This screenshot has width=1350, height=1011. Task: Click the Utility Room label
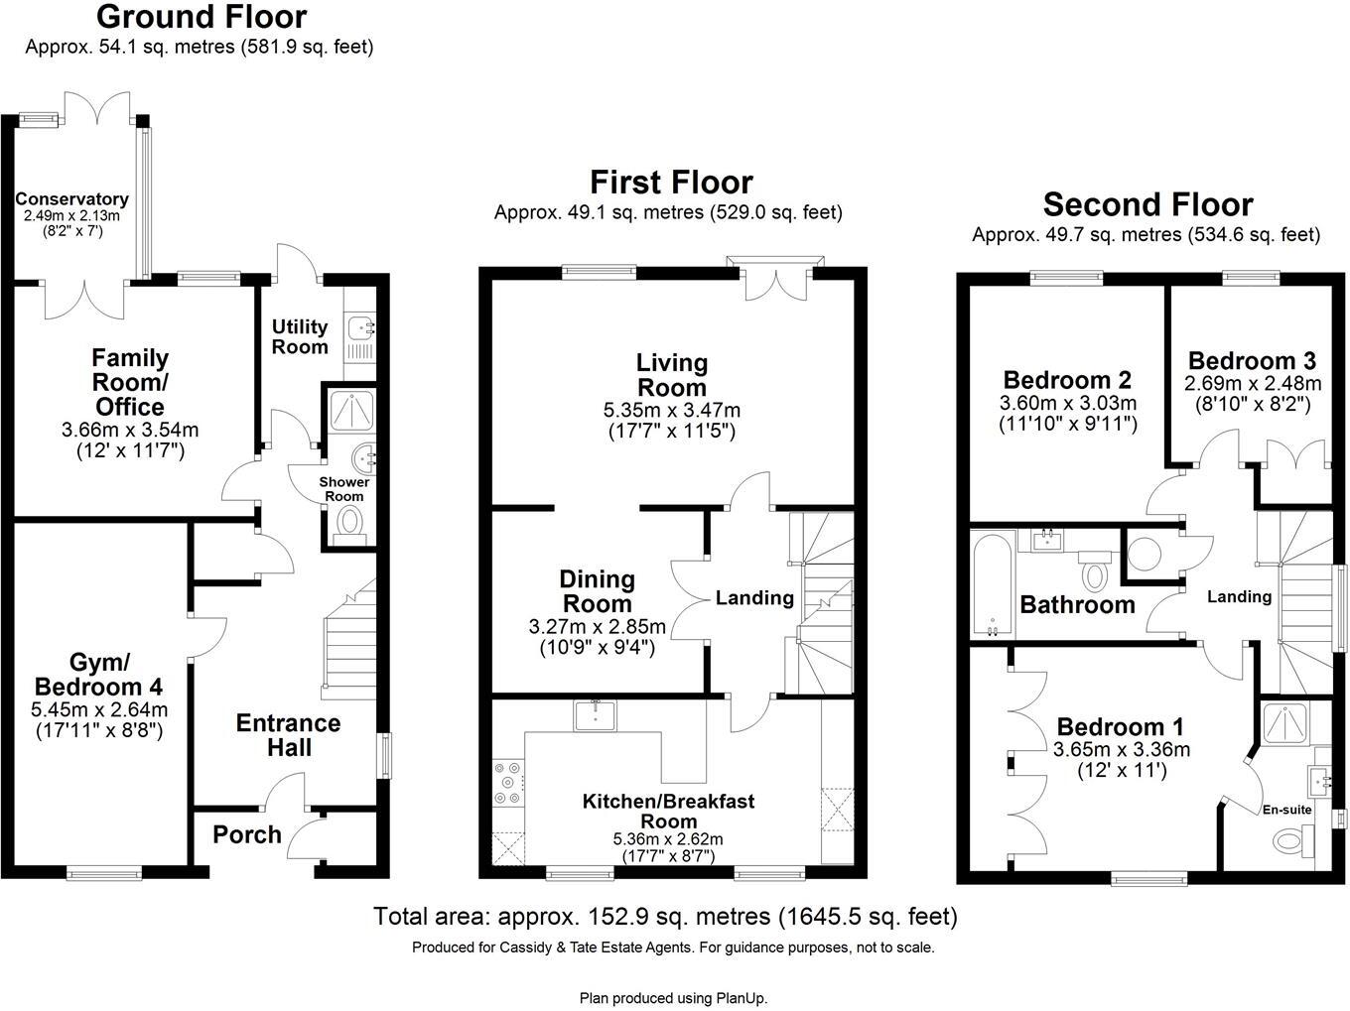point(300,336)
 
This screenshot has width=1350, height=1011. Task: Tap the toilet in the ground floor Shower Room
point(349,521)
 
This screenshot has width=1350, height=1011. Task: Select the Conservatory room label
point(71,199)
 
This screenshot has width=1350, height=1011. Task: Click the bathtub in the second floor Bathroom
point(993,585)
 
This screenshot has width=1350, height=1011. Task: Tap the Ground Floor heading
point(202,17)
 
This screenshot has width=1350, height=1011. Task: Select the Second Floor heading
point(1147,204)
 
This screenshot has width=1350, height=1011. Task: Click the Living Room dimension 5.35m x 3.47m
point(672,410)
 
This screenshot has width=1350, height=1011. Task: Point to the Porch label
point(247,835)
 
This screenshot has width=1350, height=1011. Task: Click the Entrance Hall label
point(288,735)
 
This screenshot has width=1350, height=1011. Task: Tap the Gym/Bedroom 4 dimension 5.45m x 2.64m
point(98,709)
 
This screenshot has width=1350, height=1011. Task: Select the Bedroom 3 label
point(1252,360)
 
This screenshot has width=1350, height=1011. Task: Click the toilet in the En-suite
point(1290,842)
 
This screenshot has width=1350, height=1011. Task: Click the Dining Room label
point(597,591)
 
